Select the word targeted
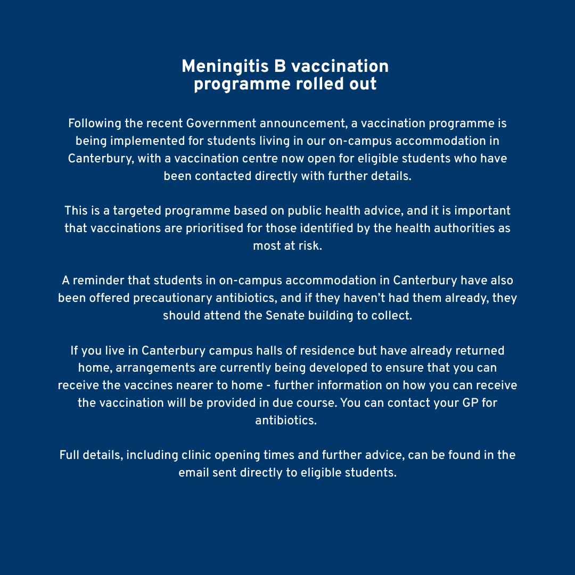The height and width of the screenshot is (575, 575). tap(137, 211)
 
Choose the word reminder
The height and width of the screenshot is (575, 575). tap(98, 281)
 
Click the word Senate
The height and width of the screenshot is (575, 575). tap(284, 315)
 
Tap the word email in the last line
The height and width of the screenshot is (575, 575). tap(194, 473)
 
